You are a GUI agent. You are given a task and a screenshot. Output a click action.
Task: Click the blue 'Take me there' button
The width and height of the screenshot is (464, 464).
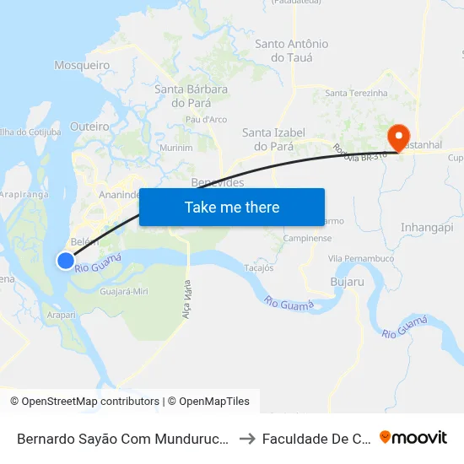pyautogui.click(x=232, y=207)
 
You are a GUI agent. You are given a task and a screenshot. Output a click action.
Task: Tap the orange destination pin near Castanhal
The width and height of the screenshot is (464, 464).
pyautogui.click(x=397, y=135)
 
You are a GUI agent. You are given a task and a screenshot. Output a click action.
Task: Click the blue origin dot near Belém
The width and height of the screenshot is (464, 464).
pyautogui.click(x=66, y=261)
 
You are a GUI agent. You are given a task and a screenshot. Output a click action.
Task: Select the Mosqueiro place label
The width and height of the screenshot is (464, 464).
pyautogui.click(x=82, y=65)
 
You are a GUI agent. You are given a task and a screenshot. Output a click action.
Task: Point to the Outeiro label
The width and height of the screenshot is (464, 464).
pyautogui.click(x=90, y=126)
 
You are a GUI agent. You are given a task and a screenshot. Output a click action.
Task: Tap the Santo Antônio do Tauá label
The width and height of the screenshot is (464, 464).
pyautogui.click(x=292, y=51)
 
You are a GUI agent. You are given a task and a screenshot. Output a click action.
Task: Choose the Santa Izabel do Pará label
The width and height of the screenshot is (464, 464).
pyautogui.click(x=267, y=138)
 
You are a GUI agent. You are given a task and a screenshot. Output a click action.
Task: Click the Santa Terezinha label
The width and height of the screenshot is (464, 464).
pyautogui.click(x=356, y=93)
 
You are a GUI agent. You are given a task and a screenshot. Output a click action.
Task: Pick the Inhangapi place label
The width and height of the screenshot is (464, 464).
pyautogui.click(x=427, y=228)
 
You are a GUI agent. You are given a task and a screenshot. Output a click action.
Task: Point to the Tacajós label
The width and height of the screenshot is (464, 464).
pyautogui.click(x=258, y=268)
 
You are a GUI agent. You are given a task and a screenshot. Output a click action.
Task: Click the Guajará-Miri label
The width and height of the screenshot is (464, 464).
pyautogui.click(x=124, y=291)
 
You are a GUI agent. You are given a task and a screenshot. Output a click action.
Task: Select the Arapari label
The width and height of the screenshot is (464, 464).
pyautogui.click(x=62, y=315)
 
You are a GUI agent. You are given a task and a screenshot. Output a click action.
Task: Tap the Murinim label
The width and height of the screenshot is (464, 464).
pyautogui.click(x=175, y=148)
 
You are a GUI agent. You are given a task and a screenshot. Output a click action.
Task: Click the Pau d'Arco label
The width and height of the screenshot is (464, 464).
pyautogui.click(x=206, y=120)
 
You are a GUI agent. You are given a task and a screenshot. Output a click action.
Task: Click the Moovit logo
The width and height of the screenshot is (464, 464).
pyautogui.click(x=413, y=437)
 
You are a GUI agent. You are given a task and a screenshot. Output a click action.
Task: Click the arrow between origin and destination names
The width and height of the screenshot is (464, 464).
pyautogui.click(x=247, y=438)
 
